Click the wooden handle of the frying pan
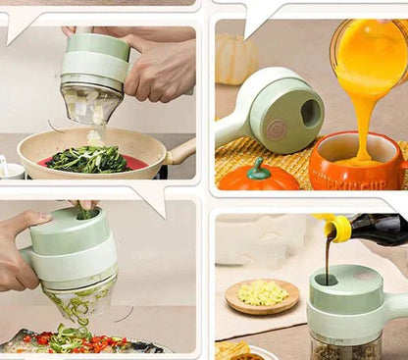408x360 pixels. (182, 151)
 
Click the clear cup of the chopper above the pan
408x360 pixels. (90, 103)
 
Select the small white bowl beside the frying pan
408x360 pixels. (10, 169)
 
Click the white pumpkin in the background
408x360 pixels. (236, 59)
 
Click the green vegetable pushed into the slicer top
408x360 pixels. (86, 211)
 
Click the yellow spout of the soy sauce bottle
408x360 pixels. (339, 229)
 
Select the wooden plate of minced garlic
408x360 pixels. (262, 294)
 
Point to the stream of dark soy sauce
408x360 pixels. (328, 259)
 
